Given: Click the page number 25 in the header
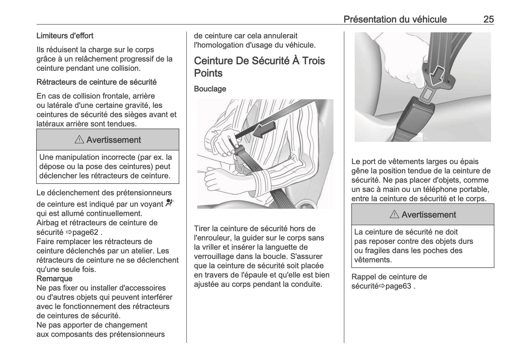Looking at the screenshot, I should pyautogui.click(x=488, y=19).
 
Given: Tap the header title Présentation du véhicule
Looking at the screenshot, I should pyautogui.click(x=395, y=19).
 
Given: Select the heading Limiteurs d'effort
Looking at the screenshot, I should pyautogui.click(x=65, y=36).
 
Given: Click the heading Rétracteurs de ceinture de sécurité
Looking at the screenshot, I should pyautogui.click(x=97, y=82).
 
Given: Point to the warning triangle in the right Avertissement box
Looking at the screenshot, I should pyautogui.click(x=394, y=214).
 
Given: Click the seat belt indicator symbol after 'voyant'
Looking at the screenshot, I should pyautogui.click(x=170, y=203).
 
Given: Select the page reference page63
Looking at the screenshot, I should pyautogui.click(x=398, y=286).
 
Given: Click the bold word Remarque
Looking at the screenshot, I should pyautogui.click(x=54, y=279).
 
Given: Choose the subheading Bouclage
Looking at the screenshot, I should pyautogui.click(x=210, y=89).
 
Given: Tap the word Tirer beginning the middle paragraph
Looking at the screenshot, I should pyautogui.click(x=203, y=229).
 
